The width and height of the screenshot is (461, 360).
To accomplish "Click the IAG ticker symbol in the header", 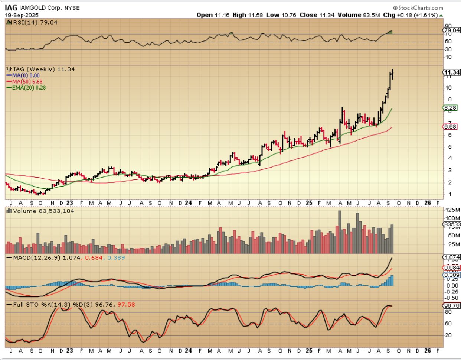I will (x=11, y=8).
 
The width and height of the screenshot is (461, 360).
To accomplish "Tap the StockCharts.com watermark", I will (x=418, y=8).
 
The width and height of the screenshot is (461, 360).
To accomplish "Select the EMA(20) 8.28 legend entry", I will (x=29, y=88).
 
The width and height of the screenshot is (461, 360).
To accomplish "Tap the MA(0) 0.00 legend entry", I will (x=26, y=75).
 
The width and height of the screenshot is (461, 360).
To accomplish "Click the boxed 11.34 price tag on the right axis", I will (x=452, y=72).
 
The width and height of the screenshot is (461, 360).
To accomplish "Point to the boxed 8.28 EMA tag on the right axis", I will (x=450, y=108).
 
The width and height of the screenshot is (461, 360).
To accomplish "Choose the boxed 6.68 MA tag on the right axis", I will (x=450, y=127).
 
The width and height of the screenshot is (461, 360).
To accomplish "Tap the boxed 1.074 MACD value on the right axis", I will (x=452, y=257).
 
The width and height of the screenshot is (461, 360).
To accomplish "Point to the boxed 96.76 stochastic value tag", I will (x=452, y=306).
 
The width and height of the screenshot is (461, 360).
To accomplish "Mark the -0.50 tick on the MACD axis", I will (x=452, y=298).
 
